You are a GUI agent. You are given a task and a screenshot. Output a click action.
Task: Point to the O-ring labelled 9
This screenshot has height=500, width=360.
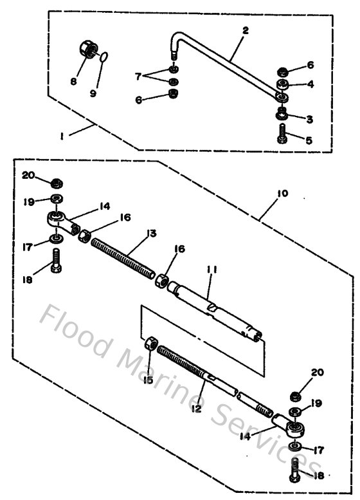click(104, 58)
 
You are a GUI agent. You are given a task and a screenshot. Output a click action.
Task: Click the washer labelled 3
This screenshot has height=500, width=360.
click(282, 115)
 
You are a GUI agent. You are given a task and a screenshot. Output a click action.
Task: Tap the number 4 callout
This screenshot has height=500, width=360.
click(310, 83)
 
